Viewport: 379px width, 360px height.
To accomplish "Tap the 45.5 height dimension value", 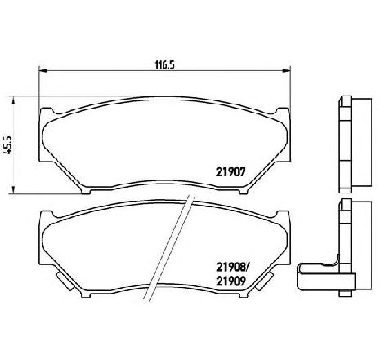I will click(8, 144).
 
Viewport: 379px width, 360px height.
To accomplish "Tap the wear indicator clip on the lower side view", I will click(314, 275).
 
